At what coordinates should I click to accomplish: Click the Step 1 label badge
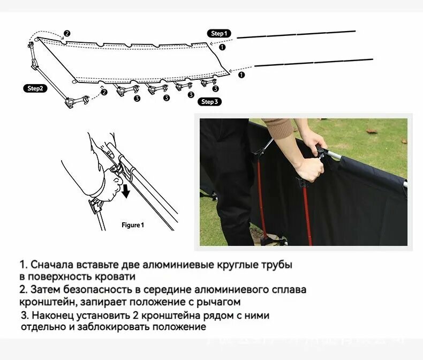[x=218, y=33]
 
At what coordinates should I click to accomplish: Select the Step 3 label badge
[x=209, y=101]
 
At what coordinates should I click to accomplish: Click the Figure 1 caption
[x=133, y=225]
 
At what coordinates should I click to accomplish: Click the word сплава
[x=292, y=290]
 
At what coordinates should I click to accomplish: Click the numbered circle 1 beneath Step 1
[x=223, y=47]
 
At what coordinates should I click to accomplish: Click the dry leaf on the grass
[x=372, y=130]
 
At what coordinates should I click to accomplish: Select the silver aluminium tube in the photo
[x=369, y=166]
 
